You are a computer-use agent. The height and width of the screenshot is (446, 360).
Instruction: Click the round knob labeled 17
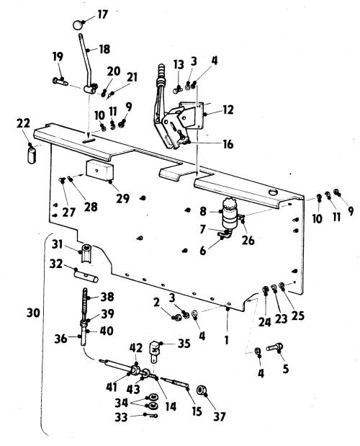tap(78, 24)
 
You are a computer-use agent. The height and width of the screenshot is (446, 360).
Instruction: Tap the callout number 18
tap(104, 49)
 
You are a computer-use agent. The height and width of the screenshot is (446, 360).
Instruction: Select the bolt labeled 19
tap(60, 81)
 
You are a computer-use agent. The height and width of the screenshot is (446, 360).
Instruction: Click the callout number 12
tap(228, 110)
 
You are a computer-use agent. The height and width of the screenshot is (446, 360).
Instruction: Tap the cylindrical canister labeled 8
tap(229, 213)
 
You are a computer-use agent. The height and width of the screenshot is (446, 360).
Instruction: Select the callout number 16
tap(228, 144)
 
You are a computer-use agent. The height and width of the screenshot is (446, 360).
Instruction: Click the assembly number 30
tap(33, 313)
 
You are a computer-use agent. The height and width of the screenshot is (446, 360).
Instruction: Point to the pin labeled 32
tap(86, 276)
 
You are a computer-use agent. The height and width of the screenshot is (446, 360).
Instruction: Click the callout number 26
tap(248, 241)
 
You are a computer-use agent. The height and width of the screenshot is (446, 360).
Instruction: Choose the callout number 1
tap(227, 340)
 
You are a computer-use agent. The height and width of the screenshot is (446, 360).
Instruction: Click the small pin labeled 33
tap(150, 415)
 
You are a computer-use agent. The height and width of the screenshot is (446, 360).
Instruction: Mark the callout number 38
tap(107, 297)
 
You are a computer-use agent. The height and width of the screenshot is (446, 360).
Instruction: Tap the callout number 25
tap(298, 315)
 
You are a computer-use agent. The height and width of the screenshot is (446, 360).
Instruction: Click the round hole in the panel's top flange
tap(273, 192)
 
